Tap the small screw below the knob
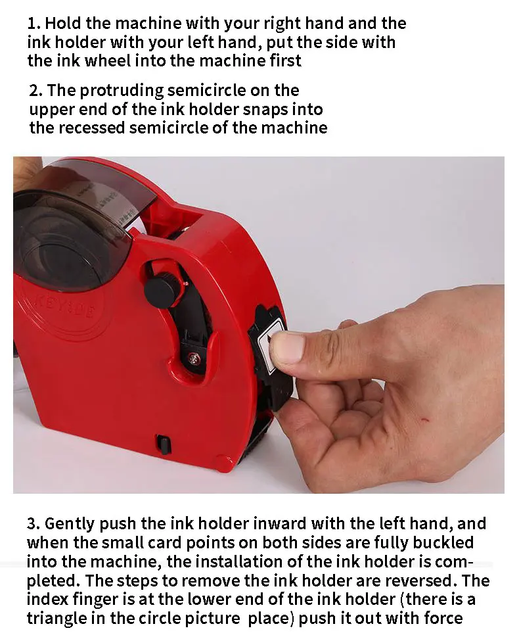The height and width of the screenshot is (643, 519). coord(194,358)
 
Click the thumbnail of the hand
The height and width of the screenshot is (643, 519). coord(286,348)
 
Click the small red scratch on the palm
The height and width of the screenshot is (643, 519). coord(425,419)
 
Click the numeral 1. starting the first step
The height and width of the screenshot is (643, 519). coord(34,24)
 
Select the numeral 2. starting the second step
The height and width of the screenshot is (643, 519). coord(36,91)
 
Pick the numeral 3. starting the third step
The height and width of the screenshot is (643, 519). coord(34,524)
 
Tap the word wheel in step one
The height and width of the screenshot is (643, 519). coord(107,60)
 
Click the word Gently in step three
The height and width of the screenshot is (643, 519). coord(70,525)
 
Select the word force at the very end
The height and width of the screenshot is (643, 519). coord(443,619)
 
